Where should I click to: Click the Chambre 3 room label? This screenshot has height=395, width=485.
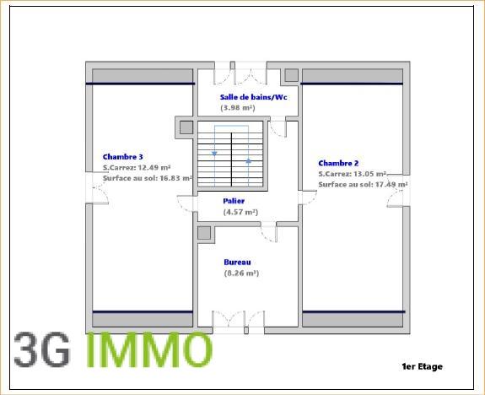coord(123,156)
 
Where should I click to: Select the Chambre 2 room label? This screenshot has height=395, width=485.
coord(339,163)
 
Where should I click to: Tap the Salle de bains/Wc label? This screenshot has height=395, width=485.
coord(242,98)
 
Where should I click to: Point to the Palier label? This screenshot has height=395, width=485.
coord(234,201)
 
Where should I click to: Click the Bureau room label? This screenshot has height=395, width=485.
coord(237,262)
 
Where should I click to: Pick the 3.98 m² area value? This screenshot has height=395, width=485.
coord(237,108)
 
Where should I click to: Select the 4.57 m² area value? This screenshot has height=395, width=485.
coord(240,212)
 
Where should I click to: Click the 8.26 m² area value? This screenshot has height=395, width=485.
coord(241,273)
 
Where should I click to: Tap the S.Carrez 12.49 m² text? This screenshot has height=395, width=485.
coord(137,167)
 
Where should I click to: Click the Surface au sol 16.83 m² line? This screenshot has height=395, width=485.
coord(148,178)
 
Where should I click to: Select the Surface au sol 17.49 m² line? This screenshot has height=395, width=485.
coord(363,184)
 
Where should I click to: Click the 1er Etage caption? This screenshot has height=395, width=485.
coord(422,366)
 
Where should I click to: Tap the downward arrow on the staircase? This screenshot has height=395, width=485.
coord(215,154)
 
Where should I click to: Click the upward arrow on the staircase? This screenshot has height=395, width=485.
coord(248,160)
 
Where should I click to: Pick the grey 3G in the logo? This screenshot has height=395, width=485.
coord(42,351)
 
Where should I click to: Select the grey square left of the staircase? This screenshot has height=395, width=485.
coord(186,127)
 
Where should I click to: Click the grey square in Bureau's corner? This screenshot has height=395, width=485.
coord(203,234)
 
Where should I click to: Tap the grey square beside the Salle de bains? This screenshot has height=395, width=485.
coord(291,75)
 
